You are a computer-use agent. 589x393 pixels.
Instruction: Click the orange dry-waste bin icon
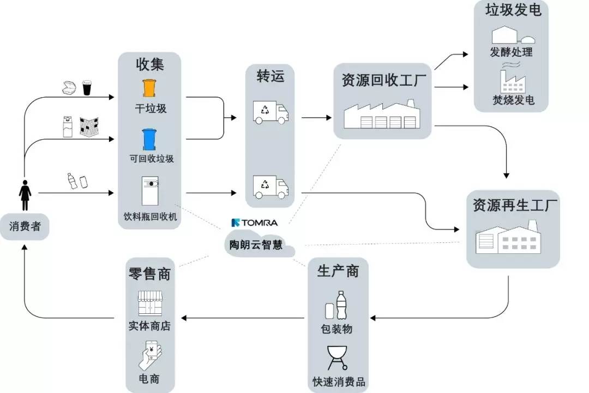coord(149,88)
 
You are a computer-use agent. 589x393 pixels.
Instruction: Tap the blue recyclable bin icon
coord(149,139)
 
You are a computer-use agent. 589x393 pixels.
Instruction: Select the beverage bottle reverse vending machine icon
coord(149,190)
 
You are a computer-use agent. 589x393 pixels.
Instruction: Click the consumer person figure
coord(26,194)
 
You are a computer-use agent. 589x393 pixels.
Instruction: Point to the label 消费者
coord(25,226)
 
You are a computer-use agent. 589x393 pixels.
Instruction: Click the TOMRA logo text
coord(254,223)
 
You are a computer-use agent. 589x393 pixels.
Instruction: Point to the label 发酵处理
coord(512,52)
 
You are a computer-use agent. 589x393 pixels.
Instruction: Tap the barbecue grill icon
coord(337,358)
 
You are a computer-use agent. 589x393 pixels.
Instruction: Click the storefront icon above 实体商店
coord(149,303)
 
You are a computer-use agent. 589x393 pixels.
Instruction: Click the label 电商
coord(149,379)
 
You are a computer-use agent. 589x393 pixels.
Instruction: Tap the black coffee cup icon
coord(87,87)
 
